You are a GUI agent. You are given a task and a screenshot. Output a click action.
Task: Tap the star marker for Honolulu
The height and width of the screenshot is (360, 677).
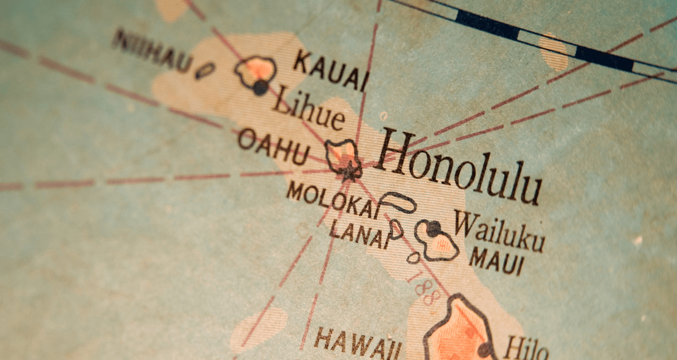pos(349,169)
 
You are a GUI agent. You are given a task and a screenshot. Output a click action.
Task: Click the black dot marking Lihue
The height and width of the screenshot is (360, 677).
pos(260,87)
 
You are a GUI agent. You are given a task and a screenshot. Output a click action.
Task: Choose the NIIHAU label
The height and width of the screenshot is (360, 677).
pos(152,50)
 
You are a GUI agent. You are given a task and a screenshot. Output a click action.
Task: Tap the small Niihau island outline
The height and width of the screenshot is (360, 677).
pos(205,71)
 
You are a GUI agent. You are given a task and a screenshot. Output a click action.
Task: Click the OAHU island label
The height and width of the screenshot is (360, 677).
pos(273,146)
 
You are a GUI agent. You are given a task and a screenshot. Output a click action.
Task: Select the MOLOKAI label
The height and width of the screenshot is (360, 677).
pos(333,200)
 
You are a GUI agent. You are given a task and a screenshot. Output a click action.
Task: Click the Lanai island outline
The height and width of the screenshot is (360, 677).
pos(396,228)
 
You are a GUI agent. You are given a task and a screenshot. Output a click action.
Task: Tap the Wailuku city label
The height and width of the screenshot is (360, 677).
pos(499,231)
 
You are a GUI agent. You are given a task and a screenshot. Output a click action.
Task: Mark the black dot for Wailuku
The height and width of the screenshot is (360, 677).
pos(433,229)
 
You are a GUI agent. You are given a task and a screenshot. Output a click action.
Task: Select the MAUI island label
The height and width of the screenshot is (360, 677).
pos(496,261)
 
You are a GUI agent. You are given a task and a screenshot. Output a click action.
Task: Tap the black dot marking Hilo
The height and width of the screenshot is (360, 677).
pos(484,350)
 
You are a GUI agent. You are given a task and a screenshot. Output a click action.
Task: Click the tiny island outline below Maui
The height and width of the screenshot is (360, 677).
pos(414,258)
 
